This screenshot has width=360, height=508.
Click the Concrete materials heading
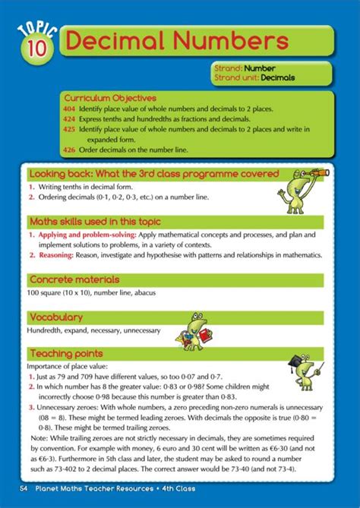[x=74, y=279]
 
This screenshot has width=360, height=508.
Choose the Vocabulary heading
[x=55, y=317]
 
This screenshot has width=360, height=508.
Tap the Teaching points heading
[x=65, y=354]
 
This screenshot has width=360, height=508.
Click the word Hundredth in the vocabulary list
[x=46, y=331]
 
